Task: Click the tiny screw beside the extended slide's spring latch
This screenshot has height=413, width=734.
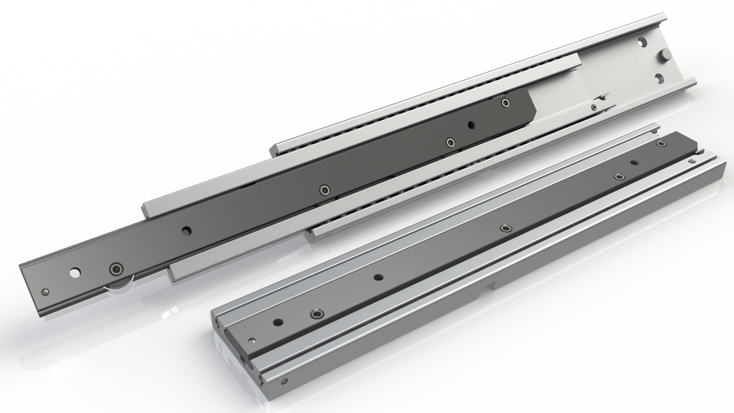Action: pos(594,106)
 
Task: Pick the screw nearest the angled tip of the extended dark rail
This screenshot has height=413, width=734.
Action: pos(506,103)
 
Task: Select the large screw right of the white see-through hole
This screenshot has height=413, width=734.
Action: pos(115,268)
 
